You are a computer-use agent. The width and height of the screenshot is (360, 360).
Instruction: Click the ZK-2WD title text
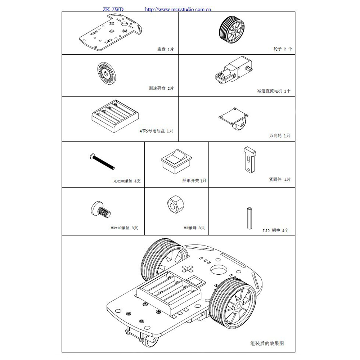point(113,9)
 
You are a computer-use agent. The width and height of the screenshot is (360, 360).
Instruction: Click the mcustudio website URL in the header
point(178,10)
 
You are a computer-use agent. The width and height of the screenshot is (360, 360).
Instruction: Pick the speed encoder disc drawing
point(107,73)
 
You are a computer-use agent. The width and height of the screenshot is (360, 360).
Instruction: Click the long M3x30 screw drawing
point(102,162)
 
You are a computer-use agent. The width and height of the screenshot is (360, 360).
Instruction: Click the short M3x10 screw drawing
point(101,210)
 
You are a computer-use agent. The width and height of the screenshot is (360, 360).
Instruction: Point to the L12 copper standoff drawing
point(249,218)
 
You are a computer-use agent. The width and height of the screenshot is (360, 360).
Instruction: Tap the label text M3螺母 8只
point(194,228)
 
